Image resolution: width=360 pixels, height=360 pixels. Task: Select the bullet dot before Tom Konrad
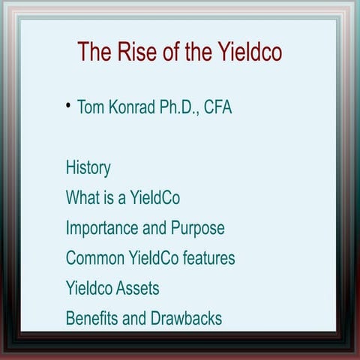pyautogui.click(x=68, y=105)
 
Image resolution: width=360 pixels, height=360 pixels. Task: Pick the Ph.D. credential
pyautogui.click(x=181, y=107)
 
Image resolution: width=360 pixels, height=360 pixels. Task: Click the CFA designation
pyautogui.click(x=219, y=107)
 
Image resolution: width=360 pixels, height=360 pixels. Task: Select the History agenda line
pyautogui.click(x=88, y=167)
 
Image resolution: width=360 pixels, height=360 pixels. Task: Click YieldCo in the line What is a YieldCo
pyautogui.click(x=154, y=198)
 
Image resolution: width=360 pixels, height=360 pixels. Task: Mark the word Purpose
pyautogui.click(x=197, y=228)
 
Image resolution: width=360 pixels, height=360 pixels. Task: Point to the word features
pyautogui.click(x=207, y=258)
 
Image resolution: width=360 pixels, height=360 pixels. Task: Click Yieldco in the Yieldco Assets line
pyautogui.click(x=88, y=288)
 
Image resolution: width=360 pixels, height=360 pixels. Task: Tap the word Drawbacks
pyautogui.click(x=186, y=318)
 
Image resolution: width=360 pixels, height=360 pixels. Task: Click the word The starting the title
pyautogui.click(x=94, y=52)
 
